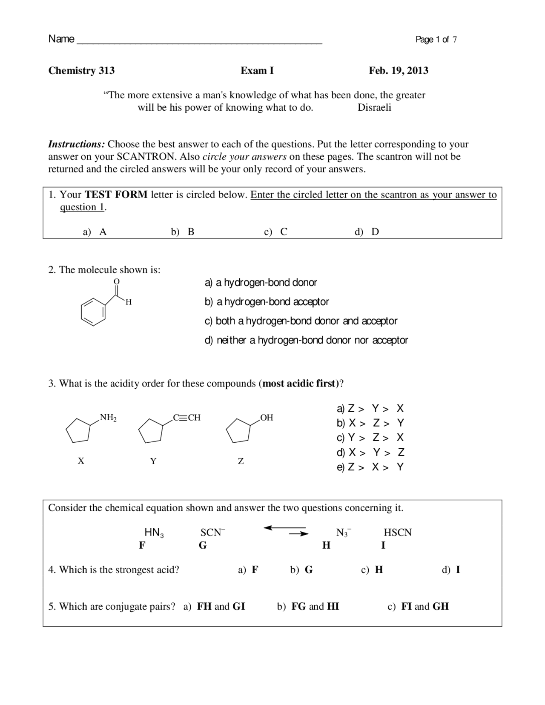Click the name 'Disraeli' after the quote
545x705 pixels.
(x=374, y=107)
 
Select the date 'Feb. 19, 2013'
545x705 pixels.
(x=398, y=70)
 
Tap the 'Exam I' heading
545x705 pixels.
(x=257, y=70)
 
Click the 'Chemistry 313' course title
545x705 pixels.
(x=81, y=70)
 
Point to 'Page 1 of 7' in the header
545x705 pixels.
(x=436, y=40)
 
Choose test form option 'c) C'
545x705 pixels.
(x=276, y=232)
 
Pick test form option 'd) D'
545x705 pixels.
(x=367, y=232)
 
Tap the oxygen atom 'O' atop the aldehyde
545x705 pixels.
(x=117, y=281)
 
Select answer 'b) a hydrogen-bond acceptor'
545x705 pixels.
(x=267, y=302)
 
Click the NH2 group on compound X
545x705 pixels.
(x=108, y=417)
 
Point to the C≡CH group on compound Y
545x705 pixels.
(x=186, y=417)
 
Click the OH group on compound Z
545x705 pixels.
(x=266, y=417)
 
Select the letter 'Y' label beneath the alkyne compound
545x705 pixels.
(x=153, y=461)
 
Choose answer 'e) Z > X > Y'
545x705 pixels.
(x=370, y=467)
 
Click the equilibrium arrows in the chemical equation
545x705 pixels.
(x=286, y=530)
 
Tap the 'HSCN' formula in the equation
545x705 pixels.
(x=398, y=533)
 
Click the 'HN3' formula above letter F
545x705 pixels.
(x=154, y=533)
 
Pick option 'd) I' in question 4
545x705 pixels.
(x=451, y=570)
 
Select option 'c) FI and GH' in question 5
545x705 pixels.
(x=418, y=606)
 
